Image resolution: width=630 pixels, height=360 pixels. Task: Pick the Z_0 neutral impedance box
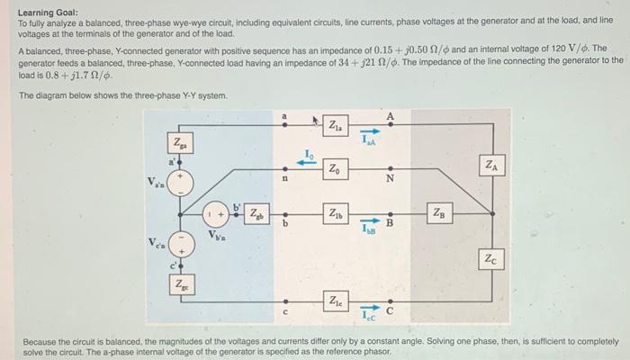tap(335, 168)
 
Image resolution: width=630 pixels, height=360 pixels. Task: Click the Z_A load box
tap(490, 166)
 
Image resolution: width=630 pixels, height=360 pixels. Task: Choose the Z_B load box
tap(439, 214)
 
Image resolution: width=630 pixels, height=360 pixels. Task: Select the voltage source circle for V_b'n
tap(214, 216)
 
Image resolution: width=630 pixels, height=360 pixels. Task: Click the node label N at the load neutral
tap(390, 177)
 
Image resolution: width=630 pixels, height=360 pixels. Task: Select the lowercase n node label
tap(285, 179)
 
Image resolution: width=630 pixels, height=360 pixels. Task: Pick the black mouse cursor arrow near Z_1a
tap(318, 120)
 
